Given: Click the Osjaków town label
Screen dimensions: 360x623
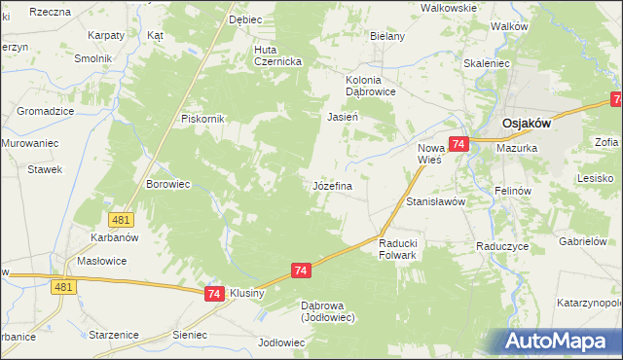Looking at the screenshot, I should coord(527,124).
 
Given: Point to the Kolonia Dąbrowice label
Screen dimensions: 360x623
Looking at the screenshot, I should coord(371,86).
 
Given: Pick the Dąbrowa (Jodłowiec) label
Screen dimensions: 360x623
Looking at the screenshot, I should coord(328,310).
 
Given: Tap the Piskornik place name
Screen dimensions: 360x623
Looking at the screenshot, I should coord(202,119).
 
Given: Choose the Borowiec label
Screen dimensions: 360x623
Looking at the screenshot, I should coord(166,183).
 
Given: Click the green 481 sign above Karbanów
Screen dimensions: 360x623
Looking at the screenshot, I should coord(121,220).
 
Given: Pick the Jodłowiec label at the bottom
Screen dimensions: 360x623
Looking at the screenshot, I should coord(282,342).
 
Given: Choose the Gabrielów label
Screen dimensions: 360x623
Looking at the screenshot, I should coord(584,240).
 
